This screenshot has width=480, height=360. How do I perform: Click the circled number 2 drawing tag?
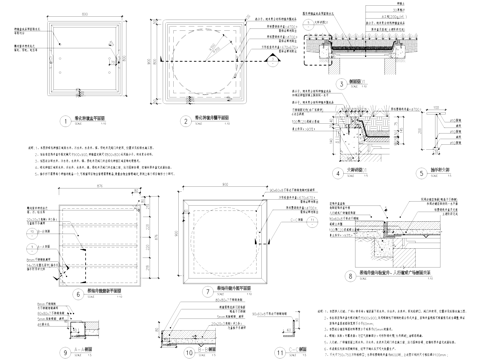(x=187, y=121)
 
